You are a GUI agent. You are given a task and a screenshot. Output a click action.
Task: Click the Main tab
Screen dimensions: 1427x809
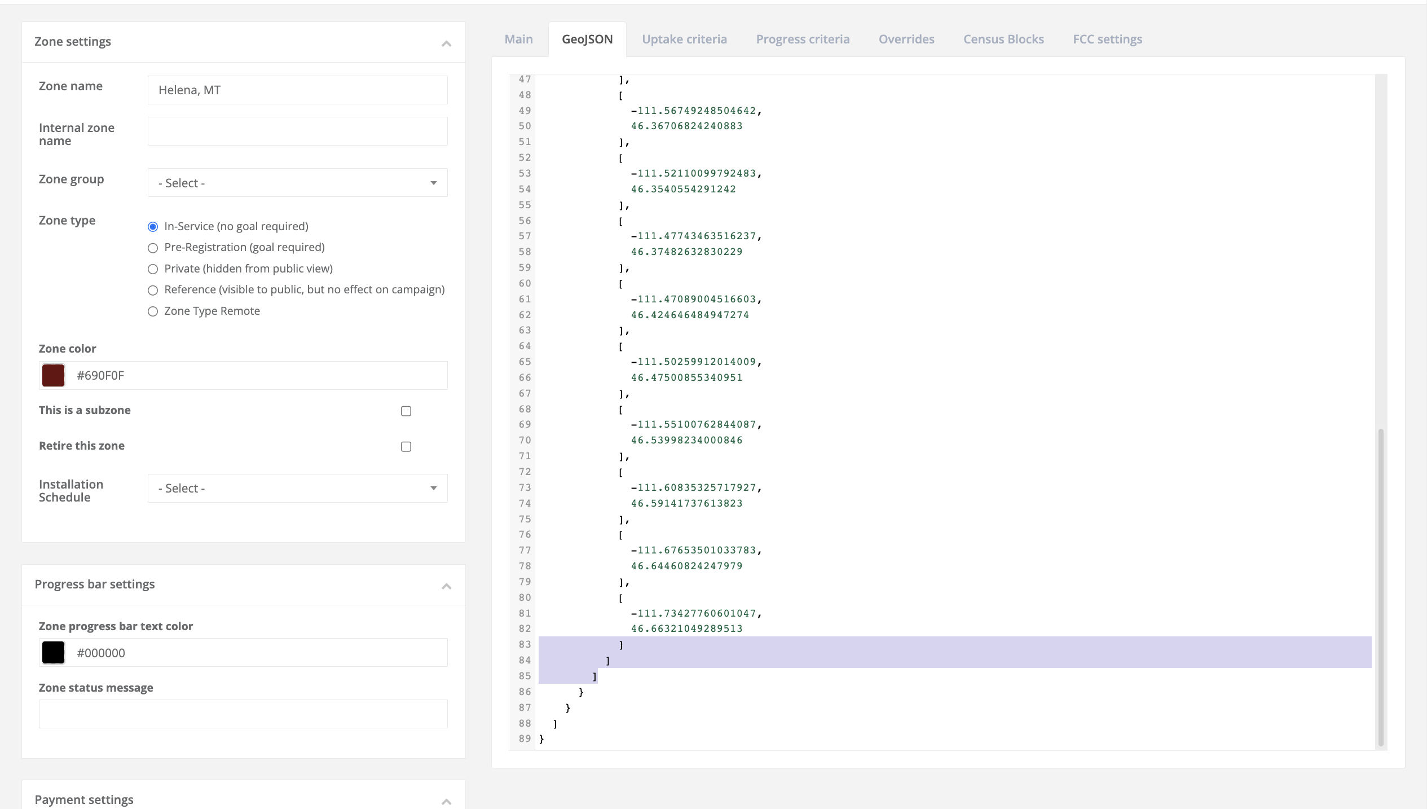[x=518, y=39]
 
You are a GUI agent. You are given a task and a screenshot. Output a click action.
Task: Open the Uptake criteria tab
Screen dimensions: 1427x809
[x=684, y=39]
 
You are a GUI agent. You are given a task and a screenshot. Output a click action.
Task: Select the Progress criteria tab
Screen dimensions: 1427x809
[x=803, y=39]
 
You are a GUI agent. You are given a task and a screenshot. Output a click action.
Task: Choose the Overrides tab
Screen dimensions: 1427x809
[x=906, y=39]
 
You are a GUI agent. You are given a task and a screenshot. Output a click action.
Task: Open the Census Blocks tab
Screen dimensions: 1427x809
[x=1003, y=39]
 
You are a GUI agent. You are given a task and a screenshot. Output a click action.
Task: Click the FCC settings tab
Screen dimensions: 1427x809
[x=1107, y=39]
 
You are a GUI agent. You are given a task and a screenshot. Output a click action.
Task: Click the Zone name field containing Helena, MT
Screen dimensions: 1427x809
[x=297, y=90]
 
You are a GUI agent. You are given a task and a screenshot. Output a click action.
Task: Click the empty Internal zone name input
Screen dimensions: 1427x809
[x=297, y=131]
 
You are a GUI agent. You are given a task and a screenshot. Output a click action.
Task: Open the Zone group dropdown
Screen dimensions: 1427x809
[x=297, y=183]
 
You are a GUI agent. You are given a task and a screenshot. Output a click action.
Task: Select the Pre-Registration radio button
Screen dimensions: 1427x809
[x=153, y=248]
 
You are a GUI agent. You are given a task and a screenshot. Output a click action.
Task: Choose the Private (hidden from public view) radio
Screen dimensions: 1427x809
[x=153, y=269]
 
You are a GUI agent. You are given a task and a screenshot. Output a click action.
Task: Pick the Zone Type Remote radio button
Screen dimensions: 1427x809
[x=153, y=311]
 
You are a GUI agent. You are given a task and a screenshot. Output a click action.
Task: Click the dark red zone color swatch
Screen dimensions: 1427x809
[x=54, y=376]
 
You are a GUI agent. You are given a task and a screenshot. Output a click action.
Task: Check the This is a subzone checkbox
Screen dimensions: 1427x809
[x=406, y=411]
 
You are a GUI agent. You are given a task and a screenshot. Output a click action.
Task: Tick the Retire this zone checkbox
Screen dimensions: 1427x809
[x=406, y=447]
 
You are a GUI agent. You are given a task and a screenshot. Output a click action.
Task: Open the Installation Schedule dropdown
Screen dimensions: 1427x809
[x=297, y=489]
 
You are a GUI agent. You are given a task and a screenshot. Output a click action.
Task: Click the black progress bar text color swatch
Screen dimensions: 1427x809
[x=54, y=653]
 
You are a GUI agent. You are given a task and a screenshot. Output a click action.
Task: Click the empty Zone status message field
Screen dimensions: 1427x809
[x=243, y=714]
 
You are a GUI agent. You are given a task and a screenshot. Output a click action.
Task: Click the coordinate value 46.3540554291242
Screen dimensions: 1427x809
[x=683, y=190]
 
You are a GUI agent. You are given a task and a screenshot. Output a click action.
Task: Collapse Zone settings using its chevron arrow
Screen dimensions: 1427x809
[x=446, y=43]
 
